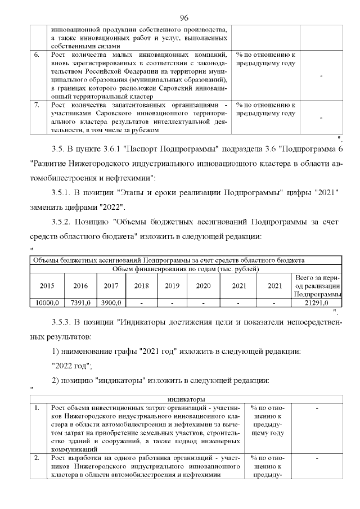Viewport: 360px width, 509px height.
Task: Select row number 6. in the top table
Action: coord(37,55)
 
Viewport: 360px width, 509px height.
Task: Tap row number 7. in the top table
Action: coord(37,105)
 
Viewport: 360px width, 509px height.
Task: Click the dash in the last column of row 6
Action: coord(321,76)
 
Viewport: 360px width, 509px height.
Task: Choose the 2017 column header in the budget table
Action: coord(111,285)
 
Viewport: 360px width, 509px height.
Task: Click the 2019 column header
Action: coord(172,285)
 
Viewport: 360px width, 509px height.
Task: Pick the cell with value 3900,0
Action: coord(111,303)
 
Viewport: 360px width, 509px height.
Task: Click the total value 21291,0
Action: coord(318,303)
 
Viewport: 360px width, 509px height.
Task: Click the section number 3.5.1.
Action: coord(62,192)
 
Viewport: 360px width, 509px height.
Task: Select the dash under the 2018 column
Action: coord(141,303)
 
